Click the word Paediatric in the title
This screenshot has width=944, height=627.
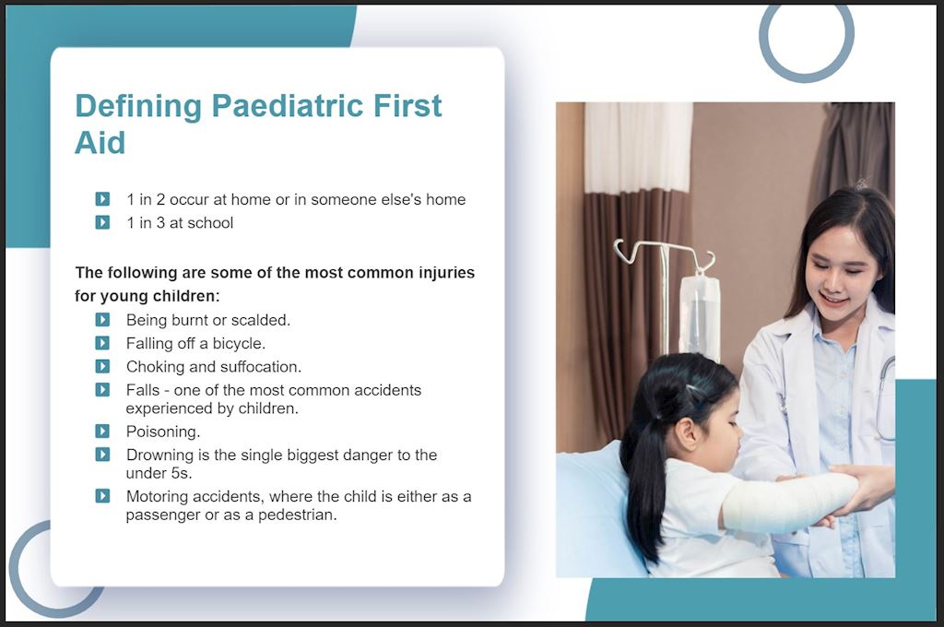(x=287, y=106)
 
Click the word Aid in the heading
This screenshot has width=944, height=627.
(x=100, y=143)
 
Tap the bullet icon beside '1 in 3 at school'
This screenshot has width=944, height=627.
(x=102, y=222)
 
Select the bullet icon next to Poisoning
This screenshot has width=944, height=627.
(x=102, y=432)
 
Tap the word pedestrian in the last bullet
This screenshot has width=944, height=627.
(x=298, y=515)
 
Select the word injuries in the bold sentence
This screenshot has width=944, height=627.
(x=444, y=273)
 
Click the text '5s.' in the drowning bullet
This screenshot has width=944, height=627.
(x=182, y=473)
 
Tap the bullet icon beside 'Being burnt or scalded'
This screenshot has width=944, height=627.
(x=102, y=319)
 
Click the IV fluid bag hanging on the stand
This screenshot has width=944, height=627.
(x=699, y=314)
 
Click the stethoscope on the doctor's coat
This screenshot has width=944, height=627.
(x=884, y=397)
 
